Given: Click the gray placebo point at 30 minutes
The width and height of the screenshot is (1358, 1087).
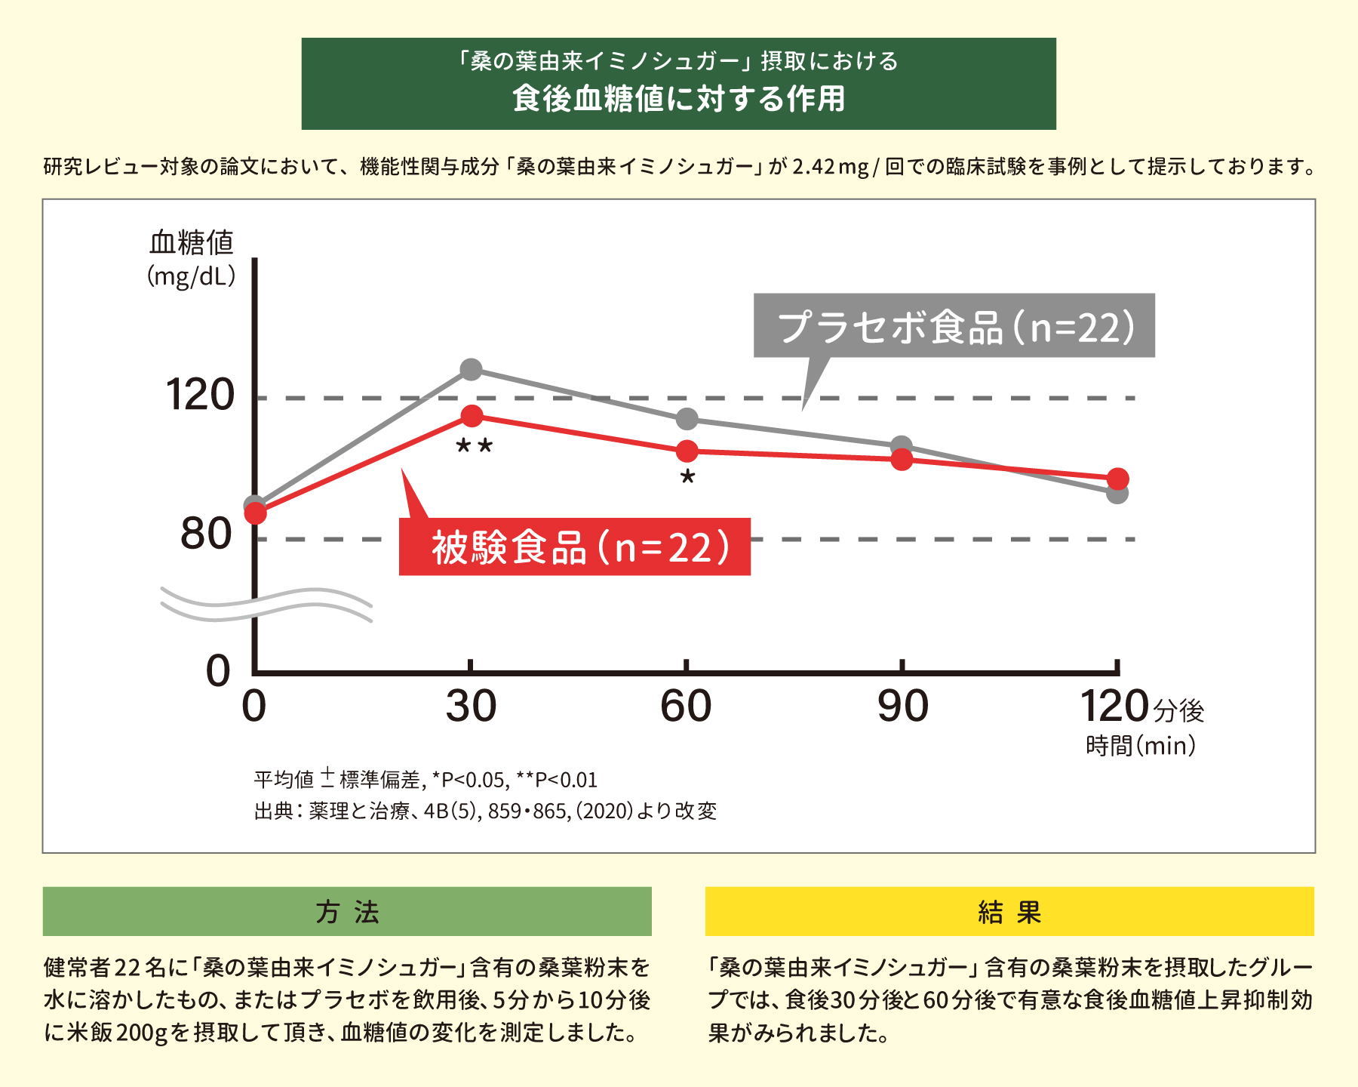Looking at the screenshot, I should click(471, 370).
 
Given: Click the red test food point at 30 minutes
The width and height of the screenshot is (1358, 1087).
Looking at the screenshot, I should click(472, 416).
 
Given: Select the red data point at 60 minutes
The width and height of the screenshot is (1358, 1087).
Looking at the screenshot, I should click(687, 451).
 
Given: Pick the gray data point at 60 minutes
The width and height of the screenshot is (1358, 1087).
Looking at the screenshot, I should click(687, 419).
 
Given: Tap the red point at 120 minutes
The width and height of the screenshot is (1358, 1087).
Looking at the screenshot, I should click(1117, 479).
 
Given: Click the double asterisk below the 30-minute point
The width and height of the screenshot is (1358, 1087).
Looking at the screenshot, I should click(475, 447).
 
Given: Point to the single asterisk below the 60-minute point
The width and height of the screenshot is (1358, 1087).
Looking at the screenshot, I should click(687, 478).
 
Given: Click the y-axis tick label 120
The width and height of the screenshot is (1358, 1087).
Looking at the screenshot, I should click(200, 395).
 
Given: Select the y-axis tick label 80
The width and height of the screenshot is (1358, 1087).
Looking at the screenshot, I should click(205, 534).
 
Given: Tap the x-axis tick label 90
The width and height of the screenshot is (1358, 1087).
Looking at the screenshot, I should click(902, 707).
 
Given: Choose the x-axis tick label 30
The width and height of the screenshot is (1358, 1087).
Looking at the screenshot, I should click(471, 707).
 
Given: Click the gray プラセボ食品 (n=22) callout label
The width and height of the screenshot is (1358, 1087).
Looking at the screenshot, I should click(954, 326).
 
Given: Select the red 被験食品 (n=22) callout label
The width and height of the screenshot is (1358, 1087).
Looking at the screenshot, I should click(575, 547).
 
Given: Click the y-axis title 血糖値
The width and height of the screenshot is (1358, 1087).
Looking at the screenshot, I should click(192, 243).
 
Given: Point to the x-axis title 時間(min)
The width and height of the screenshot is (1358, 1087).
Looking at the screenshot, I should click(1140, 746).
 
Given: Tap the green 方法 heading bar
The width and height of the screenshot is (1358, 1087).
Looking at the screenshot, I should click(347, 912).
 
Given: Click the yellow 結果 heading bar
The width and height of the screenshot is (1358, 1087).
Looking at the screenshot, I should click(1009, 912).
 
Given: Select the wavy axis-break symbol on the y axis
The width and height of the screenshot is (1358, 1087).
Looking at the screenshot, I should click(266, 604).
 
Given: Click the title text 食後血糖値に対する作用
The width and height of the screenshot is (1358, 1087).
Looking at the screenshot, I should click(678, 99).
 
